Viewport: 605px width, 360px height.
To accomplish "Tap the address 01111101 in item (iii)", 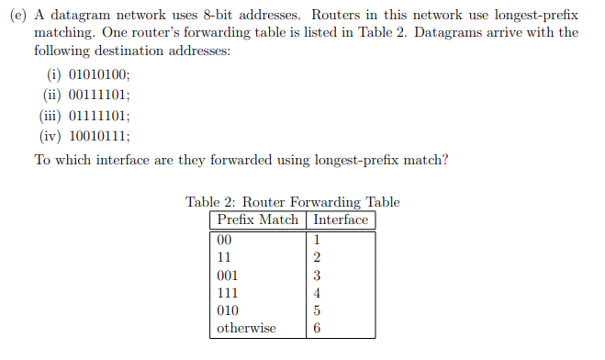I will pos(101,116).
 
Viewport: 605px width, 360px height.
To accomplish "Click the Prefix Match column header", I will pos(258,220).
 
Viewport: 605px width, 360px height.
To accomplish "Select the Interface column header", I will pos(341,220).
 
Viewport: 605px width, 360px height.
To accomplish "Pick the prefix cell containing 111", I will pos(227,293).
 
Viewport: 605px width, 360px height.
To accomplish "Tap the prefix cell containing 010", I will pos(227,310).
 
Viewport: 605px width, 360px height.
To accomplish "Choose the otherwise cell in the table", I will pos(246,328).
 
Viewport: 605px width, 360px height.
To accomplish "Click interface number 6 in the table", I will pos(317,328).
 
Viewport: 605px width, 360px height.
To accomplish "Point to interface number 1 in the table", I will pos(317,241).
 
